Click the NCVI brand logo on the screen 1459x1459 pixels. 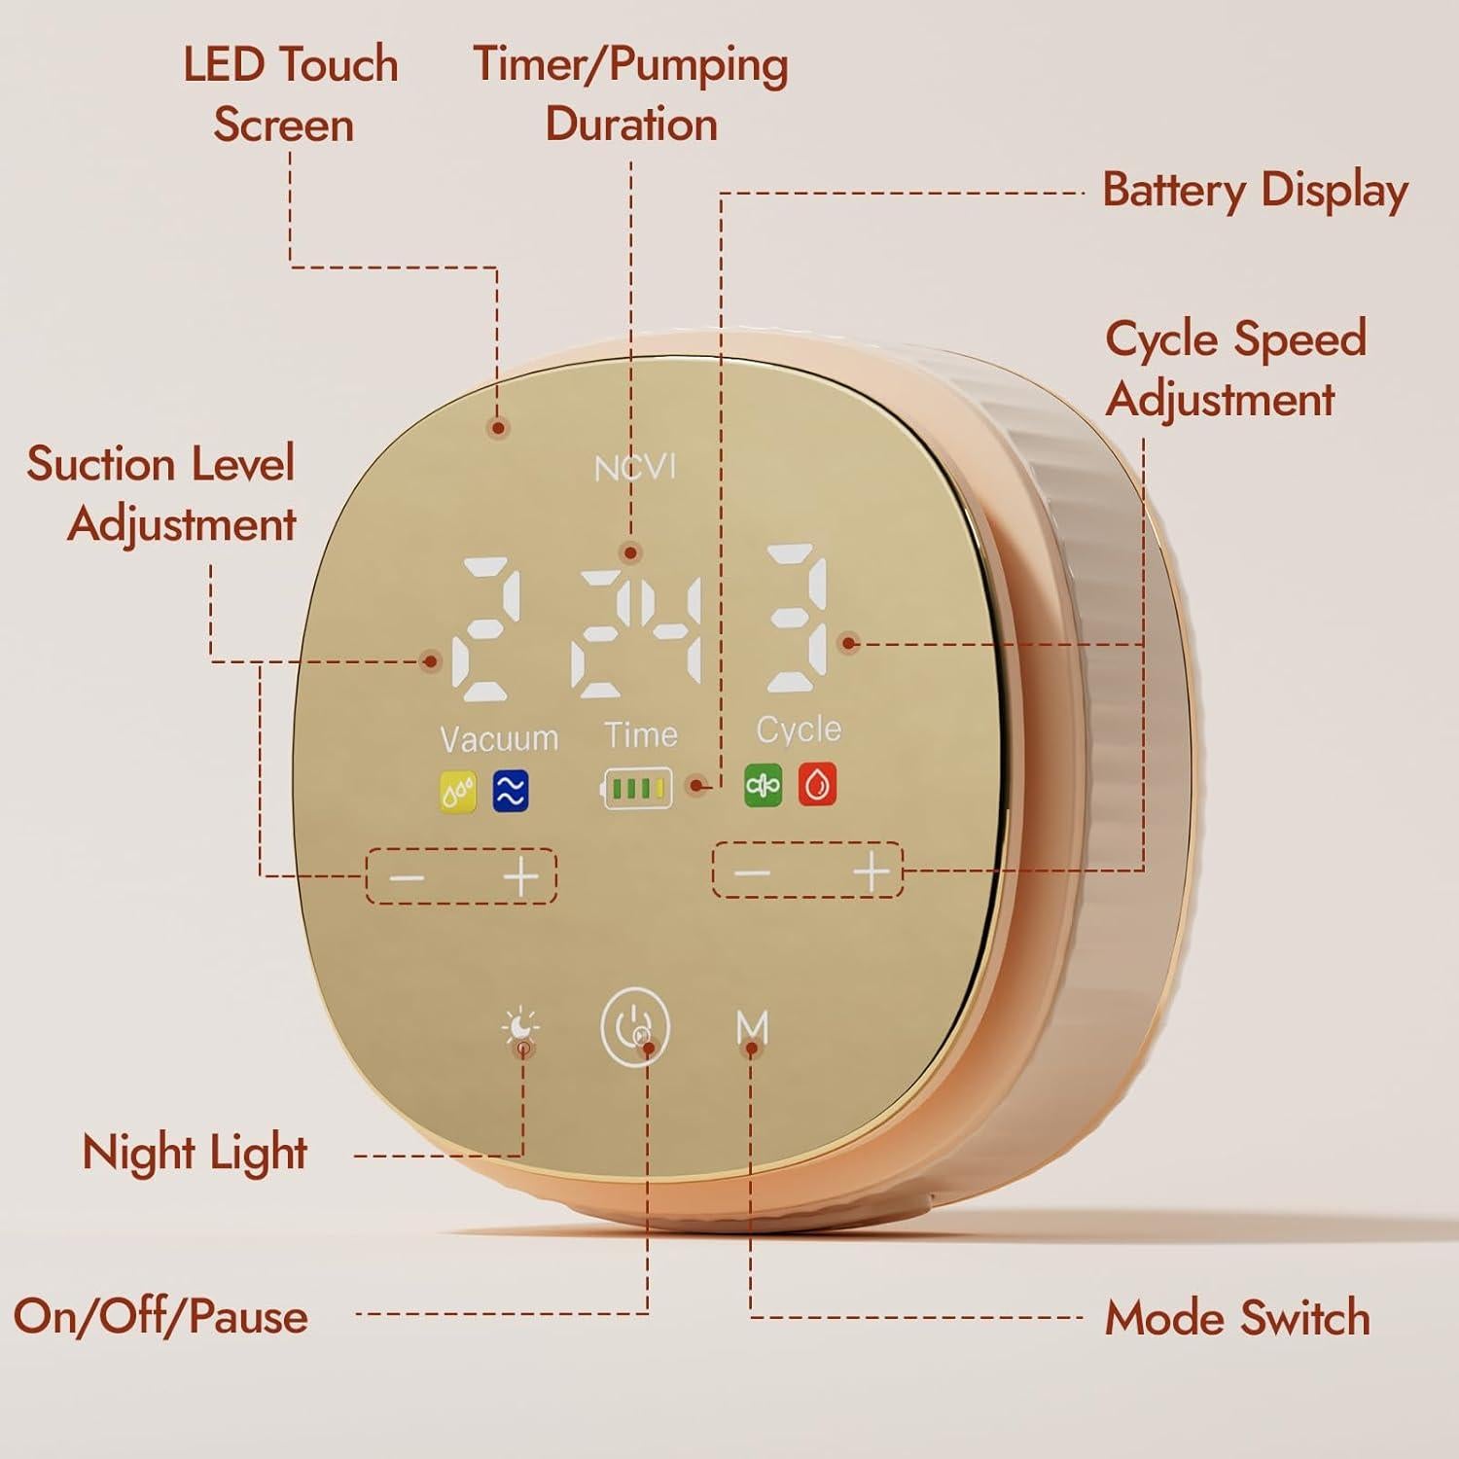tap(634, 469)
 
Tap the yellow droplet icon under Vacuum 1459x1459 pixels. tap(458, 792)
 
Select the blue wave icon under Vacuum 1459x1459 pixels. tap(510, 791)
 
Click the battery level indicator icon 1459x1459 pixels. tap(637, 788)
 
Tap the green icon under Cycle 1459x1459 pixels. tap(763, 785)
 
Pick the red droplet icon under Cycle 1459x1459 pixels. tap(817, 784)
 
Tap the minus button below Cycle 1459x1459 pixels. tap(752, 872)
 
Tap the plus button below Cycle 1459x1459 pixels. tap(872, 871)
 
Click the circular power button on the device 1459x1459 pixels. tap(635, 1027)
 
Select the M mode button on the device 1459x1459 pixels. tap(753, 1027)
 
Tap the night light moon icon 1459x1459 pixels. tap(521, 1027)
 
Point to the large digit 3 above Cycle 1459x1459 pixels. tap(798, 619)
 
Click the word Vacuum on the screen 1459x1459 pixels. tap(499, 739)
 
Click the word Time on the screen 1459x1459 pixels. tap(640, 734)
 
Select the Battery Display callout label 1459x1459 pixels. tap(1255, 191)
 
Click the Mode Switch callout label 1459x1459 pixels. tap(1237, 1319)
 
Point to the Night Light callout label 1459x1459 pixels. tap(195, 1154)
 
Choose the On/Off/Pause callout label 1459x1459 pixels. tap(160, 1317)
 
